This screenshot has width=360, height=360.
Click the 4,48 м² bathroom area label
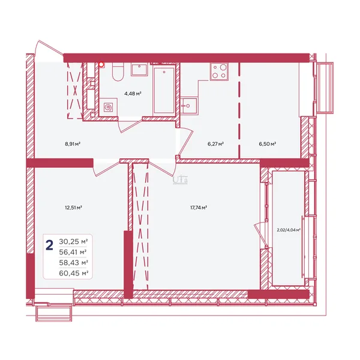point(133,94)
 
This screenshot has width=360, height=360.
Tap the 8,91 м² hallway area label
point(73,144)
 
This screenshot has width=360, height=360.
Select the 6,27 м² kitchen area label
point(215,144)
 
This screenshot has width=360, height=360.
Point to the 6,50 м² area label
point(267,144)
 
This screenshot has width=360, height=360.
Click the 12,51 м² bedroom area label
point(73,208)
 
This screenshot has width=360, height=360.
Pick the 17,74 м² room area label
point(199,208)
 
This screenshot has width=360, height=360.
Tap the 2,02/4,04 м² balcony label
point(289,230)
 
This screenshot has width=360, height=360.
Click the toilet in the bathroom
point(118,72)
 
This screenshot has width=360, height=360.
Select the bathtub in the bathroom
point(164,90)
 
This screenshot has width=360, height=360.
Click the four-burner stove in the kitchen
point(220,71)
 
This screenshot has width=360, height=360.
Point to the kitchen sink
point(189,106)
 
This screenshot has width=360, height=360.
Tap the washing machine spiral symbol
point(109,107)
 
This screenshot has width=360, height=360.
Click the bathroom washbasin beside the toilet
point(139,70)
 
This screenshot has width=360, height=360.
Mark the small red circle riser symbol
point(101,65)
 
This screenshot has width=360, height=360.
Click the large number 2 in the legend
point(50,245)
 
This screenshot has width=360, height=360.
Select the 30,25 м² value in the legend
point(73,242)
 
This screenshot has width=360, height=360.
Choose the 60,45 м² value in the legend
point(73,273)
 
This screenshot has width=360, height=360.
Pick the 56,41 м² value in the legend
point(73,253)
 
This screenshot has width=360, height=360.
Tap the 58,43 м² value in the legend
point(73,263)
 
